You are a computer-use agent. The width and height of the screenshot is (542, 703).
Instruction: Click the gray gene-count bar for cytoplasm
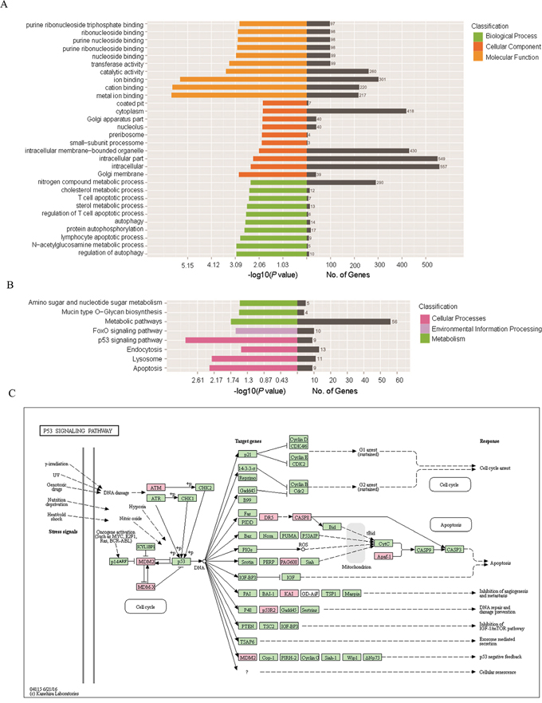[x=356, y=111]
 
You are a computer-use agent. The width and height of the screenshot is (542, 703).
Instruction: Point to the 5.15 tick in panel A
[x=189, y=263]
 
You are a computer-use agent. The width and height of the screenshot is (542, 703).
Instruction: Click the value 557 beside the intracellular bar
[x=444, y=166]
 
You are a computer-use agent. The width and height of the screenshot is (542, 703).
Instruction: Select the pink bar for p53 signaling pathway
[x=241, y=340]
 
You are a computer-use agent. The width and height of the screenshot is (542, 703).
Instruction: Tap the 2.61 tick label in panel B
[x=198, y=381]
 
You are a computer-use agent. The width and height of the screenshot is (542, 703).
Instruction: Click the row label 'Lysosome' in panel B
[x=147, y=359]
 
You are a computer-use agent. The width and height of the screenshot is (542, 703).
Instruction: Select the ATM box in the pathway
[x=156, y=486]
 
